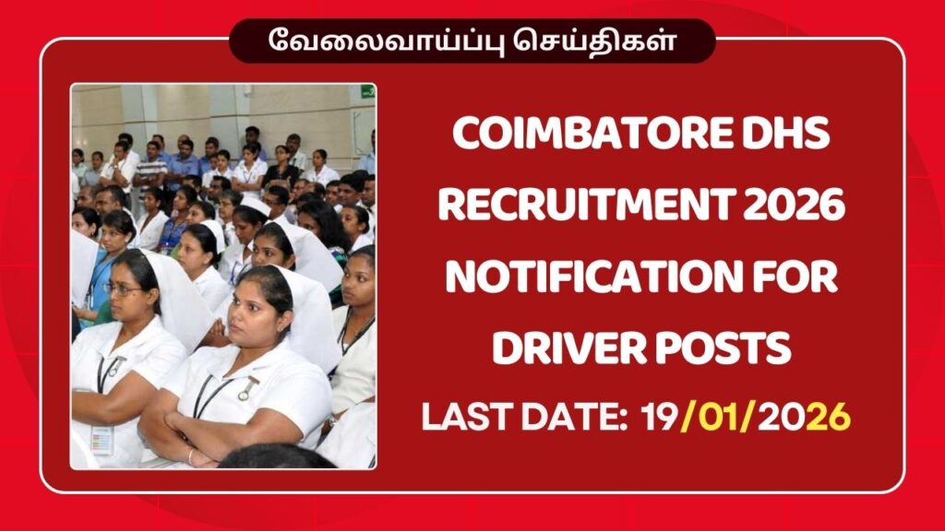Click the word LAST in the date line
click(x=465, y=417)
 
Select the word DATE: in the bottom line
click(x=563, y=417)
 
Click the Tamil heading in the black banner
click(x=472, y=41)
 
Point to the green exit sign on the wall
click(x=367, y=91)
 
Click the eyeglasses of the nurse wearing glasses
click(x=122, y=289)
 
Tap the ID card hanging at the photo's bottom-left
click(x=102, y=441)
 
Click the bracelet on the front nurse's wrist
click(x=190, y=455)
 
